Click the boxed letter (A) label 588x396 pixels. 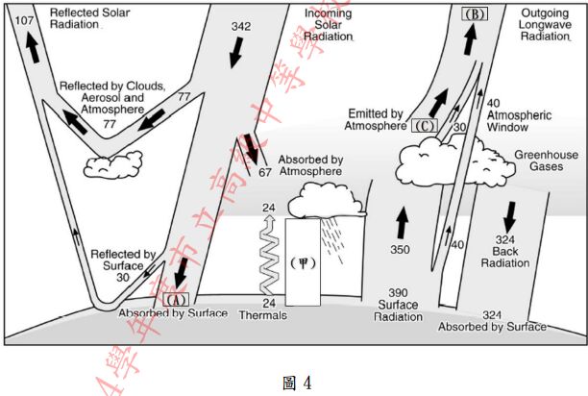(175, 298)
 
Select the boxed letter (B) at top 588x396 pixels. (475, 14)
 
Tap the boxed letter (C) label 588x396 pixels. (425, 125)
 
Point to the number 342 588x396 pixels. (241, 26)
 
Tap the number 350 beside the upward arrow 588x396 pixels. (400, 250)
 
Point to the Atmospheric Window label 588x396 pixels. (519, 120)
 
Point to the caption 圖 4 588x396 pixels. (293, 382)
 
